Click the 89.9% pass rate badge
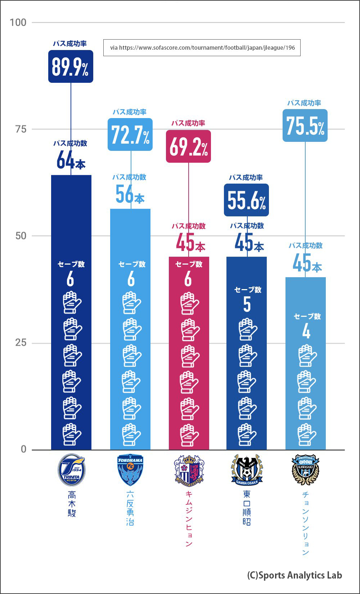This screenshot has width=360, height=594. (x=71, y=67)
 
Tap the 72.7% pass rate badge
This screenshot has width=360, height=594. (x=130, y=135)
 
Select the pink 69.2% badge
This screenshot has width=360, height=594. (x=188, y=147)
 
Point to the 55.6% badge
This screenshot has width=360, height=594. (x=246, y=200)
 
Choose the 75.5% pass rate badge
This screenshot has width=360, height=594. (x=305, y=126)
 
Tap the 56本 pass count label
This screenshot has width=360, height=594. (x=130, y=194)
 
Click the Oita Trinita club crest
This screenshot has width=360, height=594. (x=71, y=469)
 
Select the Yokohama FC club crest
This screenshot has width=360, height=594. (x=130, y=469)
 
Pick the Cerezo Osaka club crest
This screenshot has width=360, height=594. (x=189, y=469)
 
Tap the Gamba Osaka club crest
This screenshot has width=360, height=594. (x=247, y=469)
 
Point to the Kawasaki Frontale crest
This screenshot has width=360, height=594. (x=305, y=469)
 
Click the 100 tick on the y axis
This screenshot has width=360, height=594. (x=18, y=22)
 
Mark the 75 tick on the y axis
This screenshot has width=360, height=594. (x=21, y=129)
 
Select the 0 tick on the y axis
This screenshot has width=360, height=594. (x=23, y=449)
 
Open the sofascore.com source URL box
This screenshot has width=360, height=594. (x=202, y=48)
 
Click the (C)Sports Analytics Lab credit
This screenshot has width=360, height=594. (x=294, y=575)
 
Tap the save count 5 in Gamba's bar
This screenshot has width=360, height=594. (x=247, y=305)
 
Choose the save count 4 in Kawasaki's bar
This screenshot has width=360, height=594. (x=306, y=332)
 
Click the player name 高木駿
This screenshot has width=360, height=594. (x=72, y=504)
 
